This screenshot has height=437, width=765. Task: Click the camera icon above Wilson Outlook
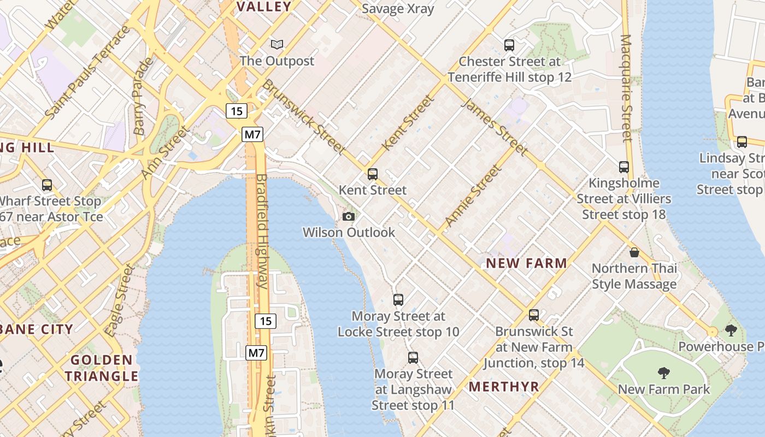[348, 216]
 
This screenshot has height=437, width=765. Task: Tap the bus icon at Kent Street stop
[373, 174]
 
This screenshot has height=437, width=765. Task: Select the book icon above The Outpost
[278, 44]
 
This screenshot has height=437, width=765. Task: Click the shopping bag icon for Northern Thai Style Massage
[634, 252]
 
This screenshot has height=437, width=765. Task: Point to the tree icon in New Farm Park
[664, 373]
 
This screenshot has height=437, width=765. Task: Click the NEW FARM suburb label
[526, 263]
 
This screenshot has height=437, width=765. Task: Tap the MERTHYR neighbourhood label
[504, 387]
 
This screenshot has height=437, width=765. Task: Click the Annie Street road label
[473, 196]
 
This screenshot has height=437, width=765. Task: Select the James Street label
[495, 127]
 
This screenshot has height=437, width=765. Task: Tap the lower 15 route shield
[266, 321]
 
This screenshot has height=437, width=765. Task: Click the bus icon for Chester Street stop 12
[509, 45]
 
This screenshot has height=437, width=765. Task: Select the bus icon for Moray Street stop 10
[398, 300]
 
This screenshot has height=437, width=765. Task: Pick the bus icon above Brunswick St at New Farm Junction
[534, 315]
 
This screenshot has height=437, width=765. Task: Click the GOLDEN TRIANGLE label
[102, 368]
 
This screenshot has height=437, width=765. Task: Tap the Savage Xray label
[398, 9]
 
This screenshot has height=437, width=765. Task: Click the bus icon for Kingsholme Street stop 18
[624, 167]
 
